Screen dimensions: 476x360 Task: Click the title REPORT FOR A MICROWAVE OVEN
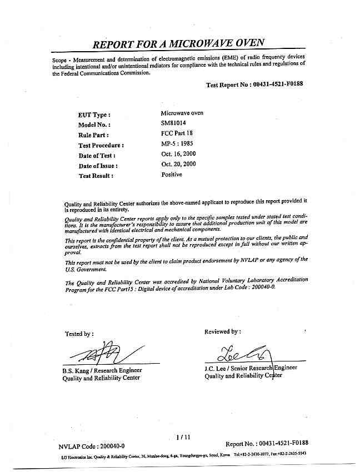[x=178, y=43]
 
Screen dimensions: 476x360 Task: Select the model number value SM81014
[x=174, y=124]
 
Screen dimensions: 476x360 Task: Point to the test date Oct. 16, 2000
[x=178, y=154]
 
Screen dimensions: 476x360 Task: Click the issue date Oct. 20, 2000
[x=178, y=164]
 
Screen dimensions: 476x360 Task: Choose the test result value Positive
[x=172, y=174]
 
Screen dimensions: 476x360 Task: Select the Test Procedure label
[x=101, y=145]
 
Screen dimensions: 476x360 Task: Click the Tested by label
[x=79, y=334]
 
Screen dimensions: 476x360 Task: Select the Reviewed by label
[x=223, y=331]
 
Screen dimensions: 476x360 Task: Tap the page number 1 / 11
[x=182, y=437]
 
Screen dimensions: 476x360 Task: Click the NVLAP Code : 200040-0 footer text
[x=92, y=447]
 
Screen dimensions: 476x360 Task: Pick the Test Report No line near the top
[x=254, y=85]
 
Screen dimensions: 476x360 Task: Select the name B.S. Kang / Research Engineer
[x=102, y=370]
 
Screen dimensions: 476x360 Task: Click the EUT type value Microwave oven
[x=182, y=113]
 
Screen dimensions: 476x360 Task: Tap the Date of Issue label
[x=98, y=166]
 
